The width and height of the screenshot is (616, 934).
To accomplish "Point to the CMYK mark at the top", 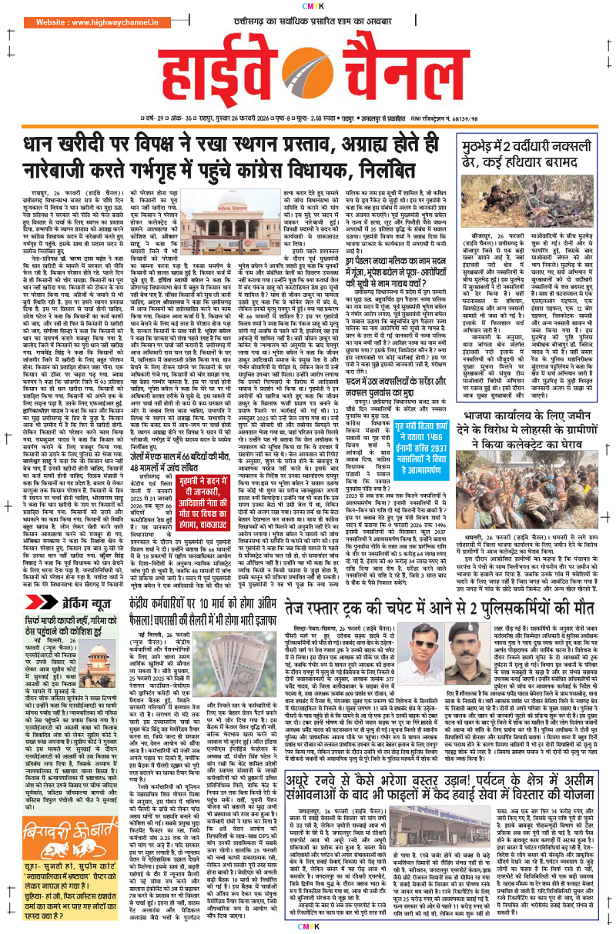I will tap(307, 6).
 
